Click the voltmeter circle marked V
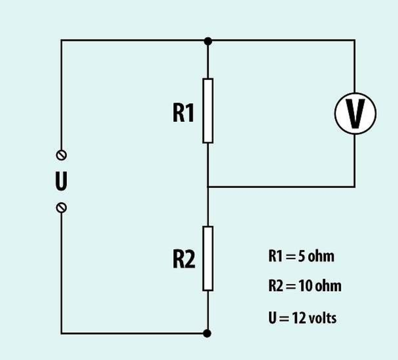pyautogui.click(x=355, y=113)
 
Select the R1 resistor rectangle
pyautogui.click(x=208, y=110)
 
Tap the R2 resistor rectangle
pyautogui.click(x=208, y=258)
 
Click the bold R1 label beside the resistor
pyautogui.click(x=184, y=113)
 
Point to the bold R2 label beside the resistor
pyautogui.click(x=184, y=259)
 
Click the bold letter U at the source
pyautogui.click(x=61, y=181)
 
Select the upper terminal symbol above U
pyautogui.click(x=61, y=155)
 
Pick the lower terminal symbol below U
pyautogui.click(x=61, y=207)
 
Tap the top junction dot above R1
pyautogui.click(x=208, y=40)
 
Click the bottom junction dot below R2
pyautogui.click(x=208, y=333)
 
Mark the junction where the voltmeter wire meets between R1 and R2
pyautogui.click(x=208, y=187)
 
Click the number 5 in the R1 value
pyautogui.click(x=301, y=256)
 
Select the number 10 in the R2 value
pyautogui.click(x=304, y=286)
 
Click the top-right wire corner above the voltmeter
pyautogui.click(x=355, y=40)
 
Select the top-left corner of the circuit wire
pyautogui.click(x=61, y=40)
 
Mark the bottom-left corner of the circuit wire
pyautogui.click(x=61, y=333)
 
